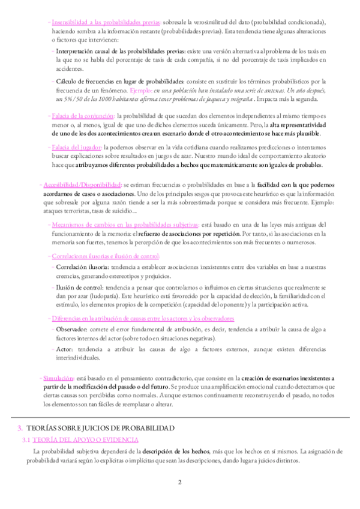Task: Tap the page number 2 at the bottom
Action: click(x=179, y=483)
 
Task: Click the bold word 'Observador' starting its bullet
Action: click(x=71, y=330)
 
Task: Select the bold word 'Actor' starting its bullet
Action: click(x=64, y=349)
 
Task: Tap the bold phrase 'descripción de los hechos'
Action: click(x=175, y=451)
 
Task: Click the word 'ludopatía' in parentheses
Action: click(x=103, y=297)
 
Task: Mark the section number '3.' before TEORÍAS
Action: click(x=20, y=428)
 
